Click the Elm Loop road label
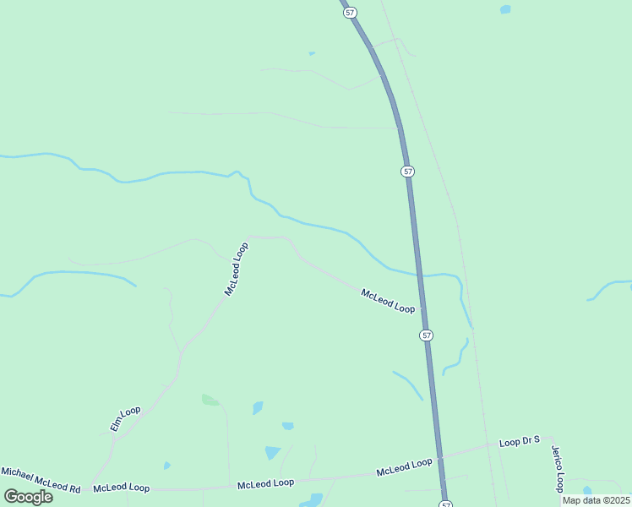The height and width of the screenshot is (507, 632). coord(124,418)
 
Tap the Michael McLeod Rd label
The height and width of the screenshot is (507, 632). coord(40,480)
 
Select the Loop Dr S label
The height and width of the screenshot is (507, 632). coord(519,442)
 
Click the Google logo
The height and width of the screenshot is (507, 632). coord(28,497)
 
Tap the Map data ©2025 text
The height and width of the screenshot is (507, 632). coord(595,500)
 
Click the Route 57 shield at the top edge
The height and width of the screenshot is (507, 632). coord(351,13)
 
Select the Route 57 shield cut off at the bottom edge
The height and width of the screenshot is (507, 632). coord(445,504)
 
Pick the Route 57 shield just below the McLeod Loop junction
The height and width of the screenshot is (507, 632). coord(427,335)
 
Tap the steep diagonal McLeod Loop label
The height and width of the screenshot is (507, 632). coord(237,269)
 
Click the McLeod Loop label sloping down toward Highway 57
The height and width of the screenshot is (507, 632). coord(388,302)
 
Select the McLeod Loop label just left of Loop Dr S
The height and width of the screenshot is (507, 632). coord(404,466)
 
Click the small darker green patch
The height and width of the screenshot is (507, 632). coord(210,400)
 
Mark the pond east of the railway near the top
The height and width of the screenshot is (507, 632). coord(505,9)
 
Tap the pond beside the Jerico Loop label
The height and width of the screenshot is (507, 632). coord(587,490)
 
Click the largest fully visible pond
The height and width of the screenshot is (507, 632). coord(272,453)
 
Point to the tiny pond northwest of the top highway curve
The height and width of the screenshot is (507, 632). coord(312,53)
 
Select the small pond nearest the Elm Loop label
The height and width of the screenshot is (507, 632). coord(167,465)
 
